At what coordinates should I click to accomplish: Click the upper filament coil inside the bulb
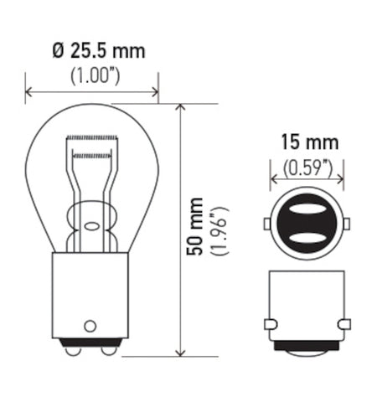point(92,137)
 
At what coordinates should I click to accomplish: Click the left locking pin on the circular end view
point(267,224)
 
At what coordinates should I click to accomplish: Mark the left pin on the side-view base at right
point(268,323)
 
